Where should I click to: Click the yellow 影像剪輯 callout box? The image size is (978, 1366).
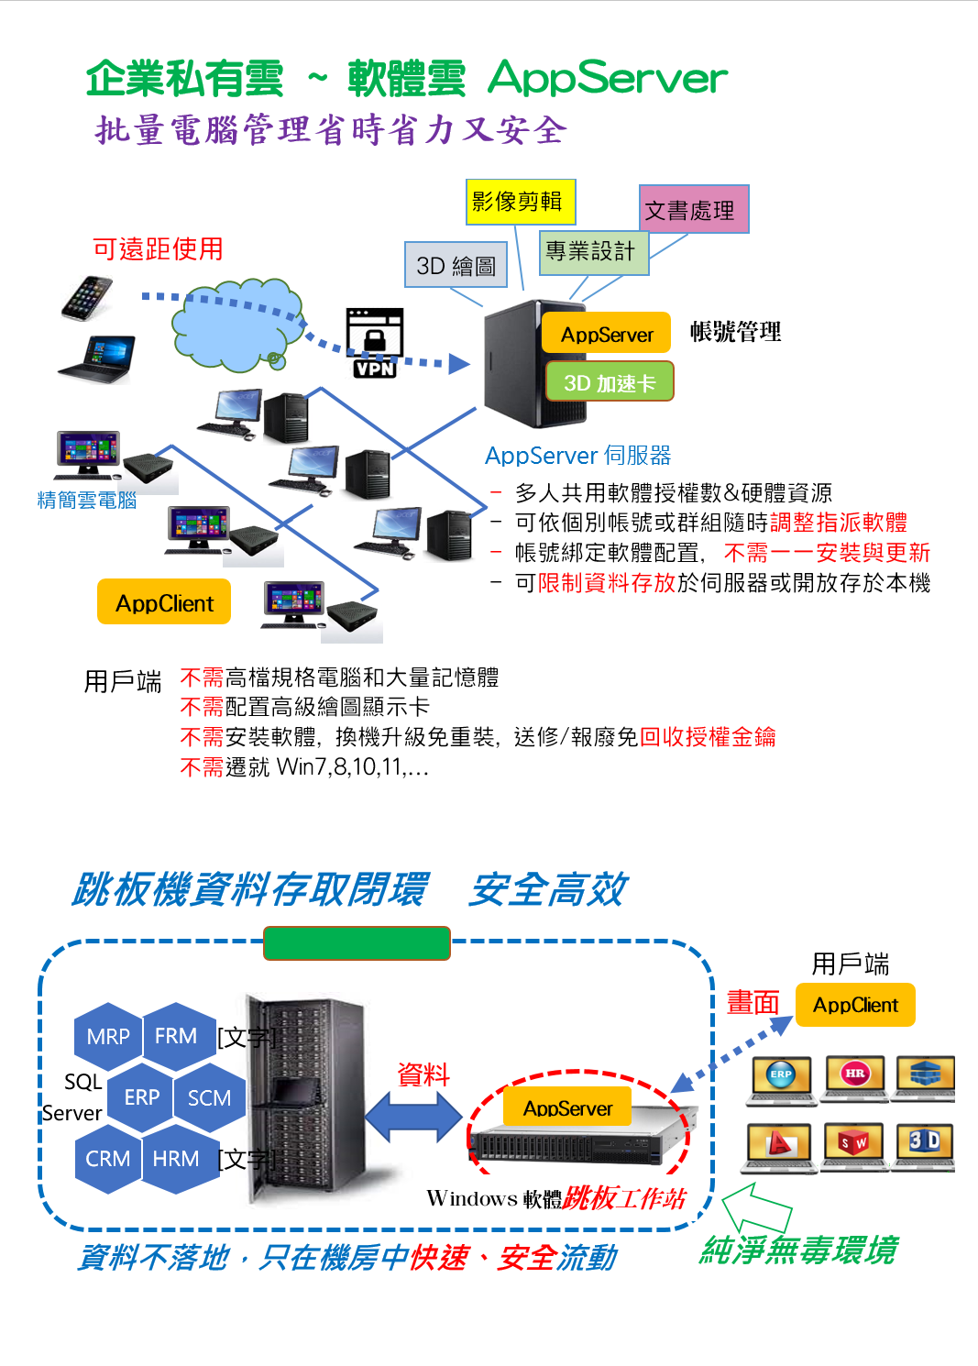pos(520,202)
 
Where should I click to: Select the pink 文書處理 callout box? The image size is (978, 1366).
pos(693,209)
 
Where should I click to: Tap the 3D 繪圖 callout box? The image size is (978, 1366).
pos(456,265)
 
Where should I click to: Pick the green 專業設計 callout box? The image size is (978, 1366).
pos(592,251)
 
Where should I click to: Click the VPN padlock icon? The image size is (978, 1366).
pos(374,342)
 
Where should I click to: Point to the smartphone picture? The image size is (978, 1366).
pos(87,297)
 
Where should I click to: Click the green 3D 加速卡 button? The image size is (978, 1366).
pos(610,381)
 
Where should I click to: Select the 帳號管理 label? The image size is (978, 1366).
pos(735,332)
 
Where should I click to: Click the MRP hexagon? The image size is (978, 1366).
pos(108,1036)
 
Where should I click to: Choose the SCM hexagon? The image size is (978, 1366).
pos(209,1097)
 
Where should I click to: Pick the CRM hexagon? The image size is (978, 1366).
pos(108,1159)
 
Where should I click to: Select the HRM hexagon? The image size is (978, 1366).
pos(176,1159)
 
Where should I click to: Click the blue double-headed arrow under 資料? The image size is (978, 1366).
pos(413,1118)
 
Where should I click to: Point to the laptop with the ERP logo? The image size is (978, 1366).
pos(782,1078)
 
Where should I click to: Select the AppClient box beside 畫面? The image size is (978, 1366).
pos(855,1005)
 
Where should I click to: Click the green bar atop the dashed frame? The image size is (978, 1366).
pos(357,942)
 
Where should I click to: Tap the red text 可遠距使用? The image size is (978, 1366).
pos(158,248)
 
